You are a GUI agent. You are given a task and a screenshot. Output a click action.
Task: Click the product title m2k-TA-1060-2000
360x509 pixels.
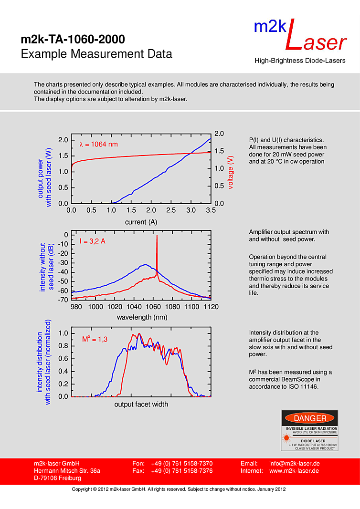(x=73, y=39)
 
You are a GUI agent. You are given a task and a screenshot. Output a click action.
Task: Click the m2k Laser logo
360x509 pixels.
(x=300, y=36)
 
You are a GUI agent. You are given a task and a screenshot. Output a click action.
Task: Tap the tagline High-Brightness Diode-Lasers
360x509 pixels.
(x=299, y=61)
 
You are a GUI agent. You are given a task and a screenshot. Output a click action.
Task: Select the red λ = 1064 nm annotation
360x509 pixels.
(x=98, y=144)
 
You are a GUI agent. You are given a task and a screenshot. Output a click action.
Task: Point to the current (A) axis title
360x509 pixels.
(x=141, y=222)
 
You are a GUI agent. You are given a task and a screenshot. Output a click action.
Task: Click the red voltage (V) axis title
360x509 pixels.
(x=231, y=172)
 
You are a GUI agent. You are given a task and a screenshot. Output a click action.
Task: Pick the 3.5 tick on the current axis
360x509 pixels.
(x=211, y=210)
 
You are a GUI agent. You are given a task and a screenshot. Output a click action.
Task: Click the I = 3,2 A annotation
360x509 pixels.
(x=93, y=241)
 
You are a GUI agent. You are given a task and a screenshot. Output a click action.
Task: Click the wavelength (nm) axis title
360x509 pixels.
(x=142, y=317)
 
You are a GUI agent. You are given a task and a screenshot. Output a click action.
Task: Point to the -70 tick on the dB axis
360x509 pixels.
(x=63, y=300)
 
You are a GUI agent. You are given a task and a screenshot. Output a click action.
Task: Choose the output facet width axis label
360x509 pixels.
(x=141, y=405)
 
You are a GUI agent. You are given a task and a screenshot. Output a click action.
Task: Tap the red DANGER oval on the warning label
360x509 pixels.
(x=310, y=418)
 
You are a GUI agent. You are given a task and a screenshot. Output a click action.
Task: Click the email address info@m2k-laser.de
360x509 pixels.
(x=295, y=464)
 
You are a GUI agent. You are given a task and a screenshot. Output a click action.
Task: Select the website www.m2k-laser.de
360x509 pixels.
(x=295, y=471)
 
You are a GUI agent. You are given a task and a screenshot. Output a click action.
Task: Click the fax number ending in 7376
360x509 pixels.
(x=182, y=471)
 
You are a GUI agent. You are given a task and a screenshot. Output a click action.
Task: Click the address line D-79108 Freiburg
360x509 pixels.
(x=57, y=478)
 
